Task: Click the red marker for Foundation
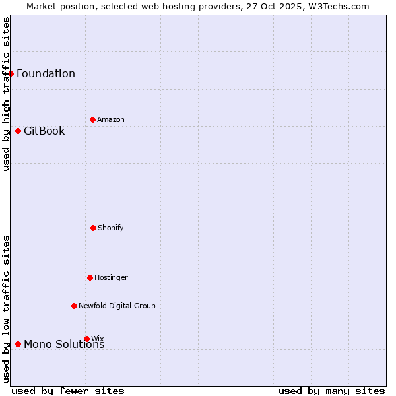11,73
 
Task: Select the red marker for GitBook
18,131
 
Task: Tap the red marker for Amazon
92,119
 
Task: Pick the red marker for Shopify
93,228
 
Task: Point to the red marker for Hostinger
90,277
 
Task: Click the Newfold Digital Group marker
74,306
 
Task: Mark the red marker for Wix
86,339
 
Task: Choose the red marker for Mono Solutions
18,344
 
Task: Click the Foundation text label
46,73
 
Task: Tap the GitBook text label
44,131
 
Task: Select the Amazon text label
111,119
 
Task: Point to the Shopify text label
111,228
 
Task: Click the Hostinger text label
111,277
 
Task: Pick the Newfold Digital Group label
117,306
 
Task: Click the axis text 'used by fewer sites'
68,391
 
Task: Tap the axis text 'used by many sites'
331,391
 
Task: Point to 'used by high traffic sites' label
6,94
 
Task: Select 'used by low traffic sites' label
6,309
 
